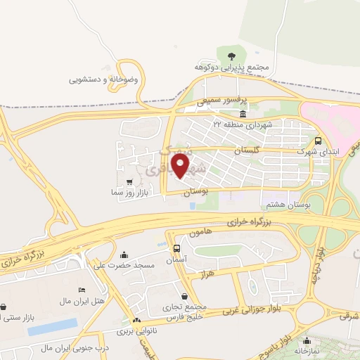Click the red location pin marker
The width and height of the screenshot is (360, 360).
click(x=181, y=167)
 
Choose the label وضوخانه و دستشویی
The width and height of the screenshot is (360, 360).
click(x=104, y=79)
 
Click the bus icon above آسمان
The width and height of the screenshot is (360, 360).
click(x=176, y=248)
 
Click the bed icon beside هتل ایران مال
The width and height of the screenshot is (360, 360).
click(x=82, y=290)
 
